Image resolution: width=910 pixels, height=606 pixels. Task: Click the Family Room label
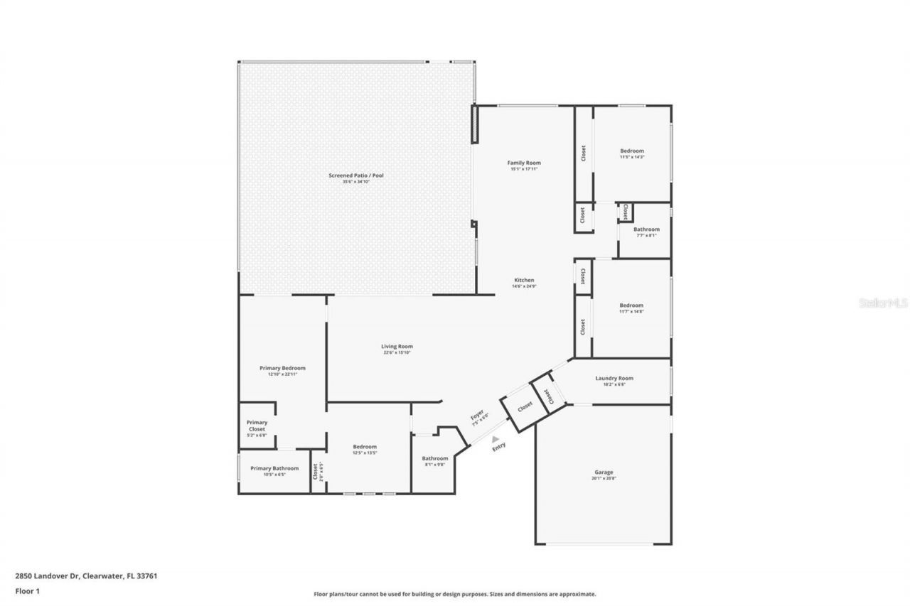click(x=524, y=163)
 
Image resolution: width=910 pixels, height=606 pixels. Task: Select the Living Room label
click(x=397, y=346)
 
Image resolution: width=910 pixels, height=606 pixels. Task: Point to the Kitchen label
click(x=524, y=280)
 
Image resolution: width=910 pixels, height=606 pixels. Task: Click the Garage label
click(x=604, y=472)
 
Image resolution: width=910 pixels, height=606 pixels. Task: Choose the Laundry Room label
click(x=614, y=378)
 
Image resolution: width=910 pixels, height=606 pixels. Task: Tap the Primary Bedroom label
click(x=282, y=368)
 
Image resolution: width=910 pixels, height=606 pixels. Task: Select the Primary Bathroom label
click(x=274, y=468)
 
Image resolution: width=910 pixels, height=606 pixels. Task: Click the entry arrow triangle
click(x=496, y=440)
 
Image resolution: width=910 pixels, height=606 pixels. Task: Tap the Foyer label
click(x=477, y=416)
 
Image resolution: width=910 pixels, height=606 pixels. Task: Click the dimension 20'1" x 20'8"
click(x=604, y=479)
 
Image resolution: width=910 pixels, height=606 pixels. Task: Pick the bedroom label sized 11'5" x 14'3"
click(x=632, y=151)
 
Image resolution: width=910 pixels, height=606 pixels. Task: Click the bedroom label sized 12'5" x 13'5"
click(x=365, y=447)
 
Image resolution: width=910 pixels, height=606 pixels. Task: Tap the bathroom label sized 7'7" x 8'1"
click(x=646, y=229)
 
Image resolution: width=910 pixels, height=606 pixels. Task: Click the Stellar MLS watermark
click(x=882, y=303)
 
